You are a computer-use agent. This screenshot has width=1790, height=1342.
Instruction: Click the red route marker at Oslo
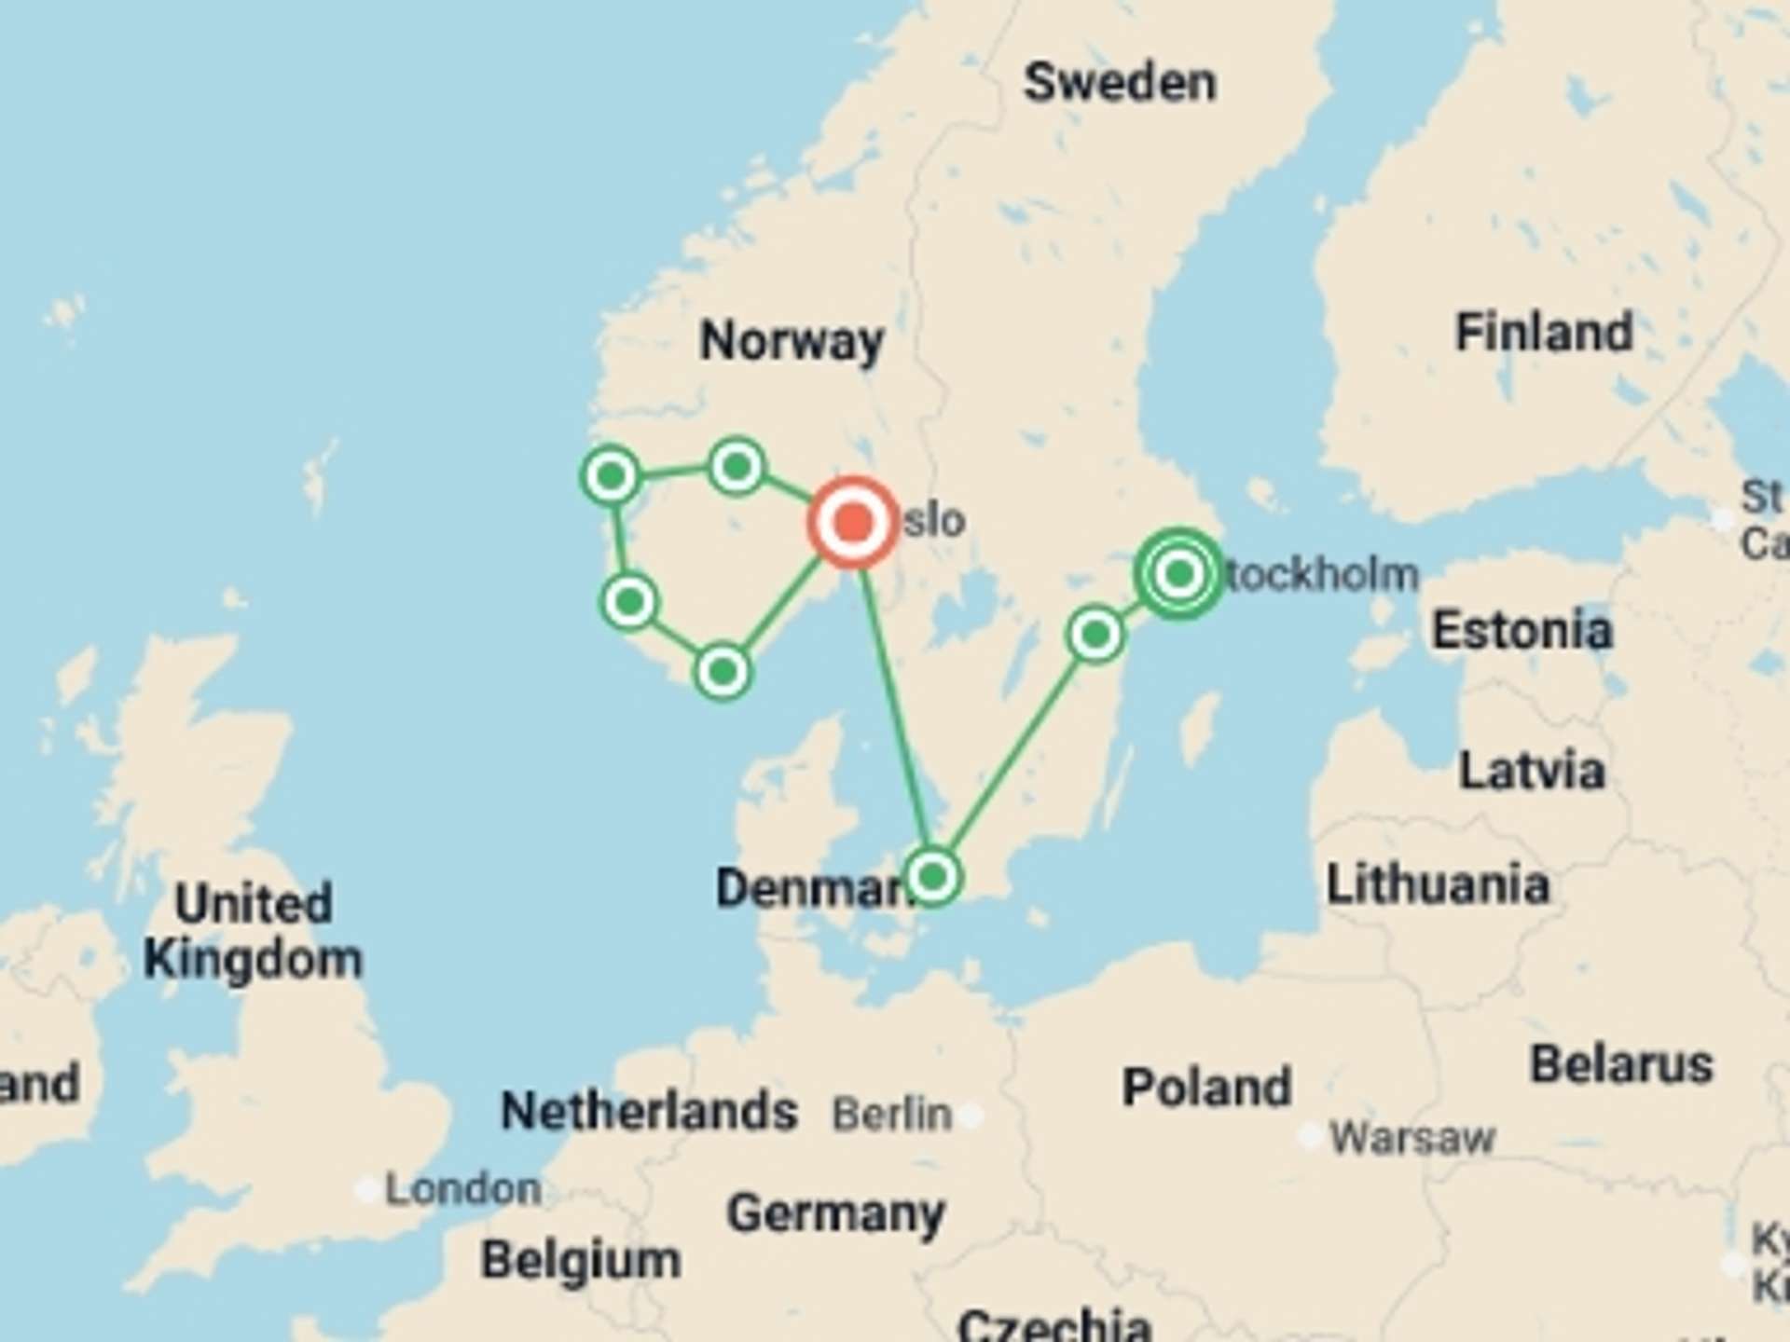853,522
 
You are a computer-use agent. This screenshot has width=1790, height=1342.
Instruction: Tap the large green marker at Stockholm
1179,573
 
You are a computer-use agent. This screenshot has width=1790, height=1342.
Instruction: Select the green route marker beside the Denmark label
932,876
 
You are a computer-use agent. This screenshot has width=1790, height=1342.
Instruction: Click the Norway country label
792,341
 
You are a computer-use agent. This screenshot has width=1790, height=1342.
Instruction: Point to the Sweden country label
1120,83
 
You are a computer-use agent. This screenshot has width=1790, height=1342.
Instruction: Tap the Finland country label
1544,333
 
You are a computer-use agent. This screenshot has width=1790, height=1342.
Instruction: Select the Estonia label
1521,631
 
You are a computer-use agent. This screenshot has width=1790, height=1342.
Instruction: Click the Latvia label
1531,772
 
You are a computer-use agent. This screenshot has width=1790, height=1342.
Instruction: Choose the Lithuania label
1438,884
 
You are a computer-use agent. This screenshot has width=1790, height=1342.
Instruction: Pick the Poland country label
1206,1088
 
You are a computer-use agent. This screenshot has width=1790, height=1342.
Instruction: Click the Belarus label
1621,1065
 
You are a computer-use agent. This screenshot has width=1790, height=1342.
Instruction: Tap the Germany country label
835,1214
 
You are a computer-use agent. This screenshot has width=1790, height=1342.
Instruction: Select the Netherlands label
649,1111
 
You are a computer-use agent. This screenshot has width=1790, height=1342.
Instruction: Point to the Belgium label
580,1261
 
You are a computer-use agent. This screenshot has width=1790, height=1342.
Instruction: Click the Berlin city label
891,1115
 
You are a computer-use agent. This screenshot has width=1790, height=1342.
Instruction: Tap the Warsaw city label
1411,1138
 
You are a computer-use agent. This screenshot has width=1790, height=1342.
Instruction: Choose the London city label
463,1190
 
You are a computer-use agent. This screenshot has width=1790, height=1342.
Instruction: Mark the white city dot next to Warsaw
1310,1136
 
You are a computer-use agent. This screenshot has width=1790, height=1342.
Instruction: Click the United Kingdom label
253,931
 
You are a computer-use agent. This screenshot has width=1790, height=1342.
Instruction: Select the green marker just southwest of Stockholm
1095,635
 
